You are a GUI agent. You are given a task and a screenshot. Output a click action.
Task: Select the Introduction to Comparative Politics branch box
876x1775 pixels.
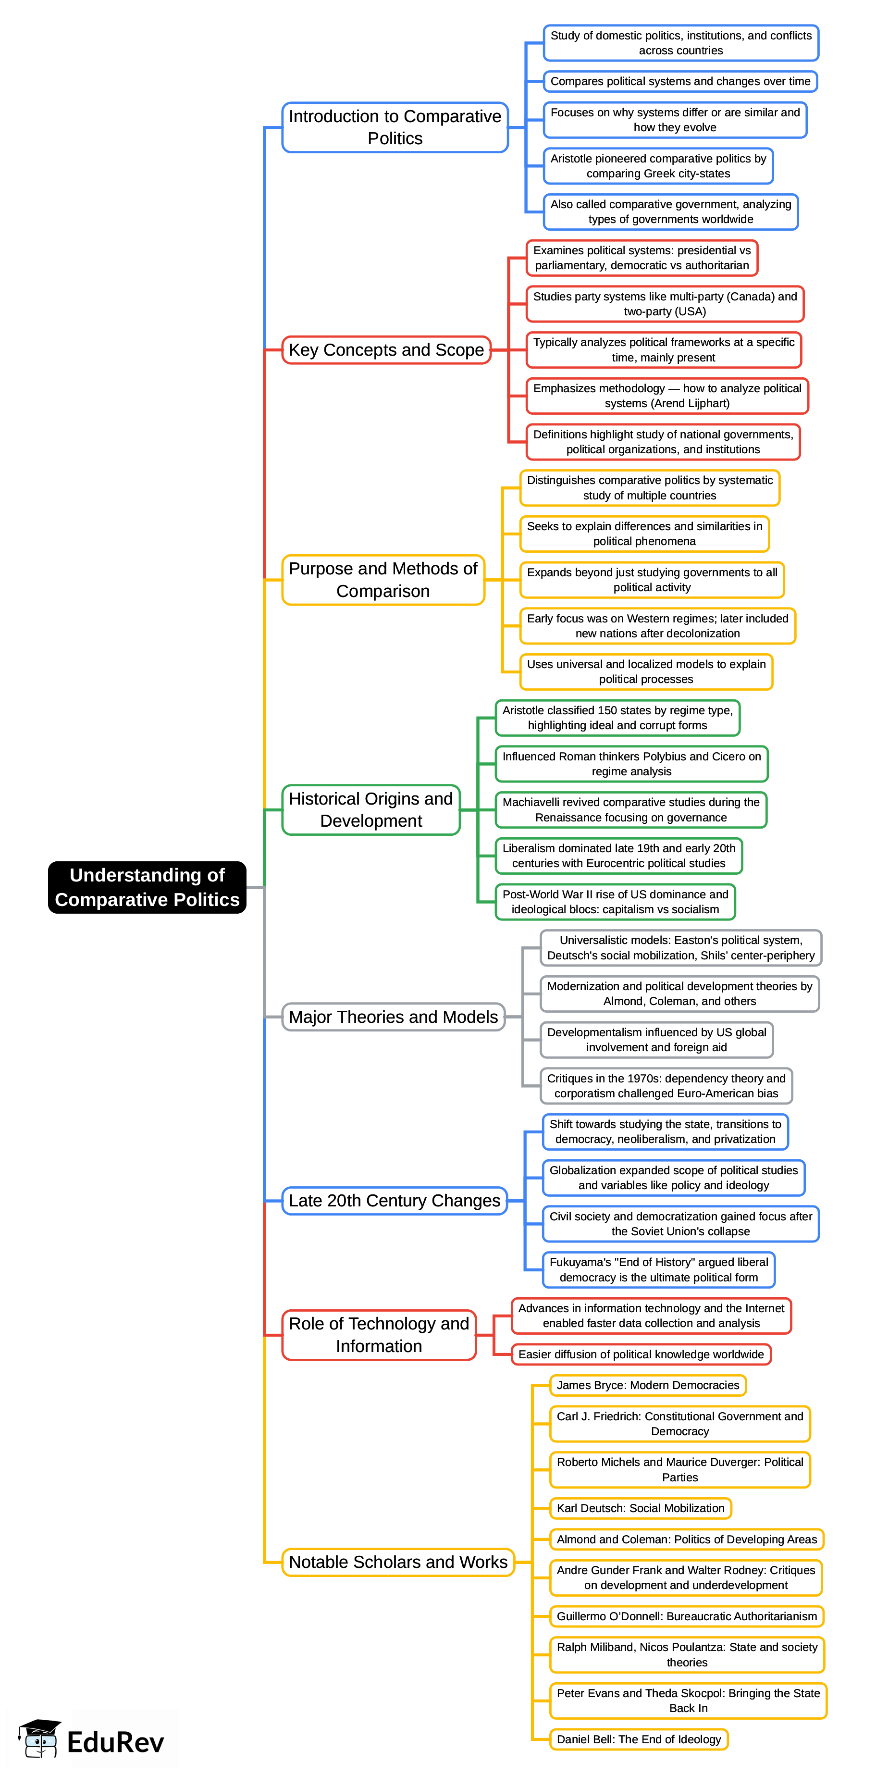pos(395,127)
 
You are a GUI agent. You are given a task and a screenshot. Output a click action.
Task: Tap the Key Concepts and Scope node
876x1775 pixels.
pos(386,350)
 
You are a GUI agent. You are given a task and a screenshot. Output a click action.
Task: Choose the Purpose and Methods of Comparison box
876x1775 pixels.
pos(383,580)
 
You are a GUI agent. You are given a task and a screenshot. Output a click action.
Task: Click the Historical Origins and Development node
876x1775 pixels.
pos(370,810)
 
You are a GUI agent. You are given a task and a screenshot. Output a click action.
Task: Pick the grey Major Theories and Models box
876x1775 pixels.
pos(393,1017)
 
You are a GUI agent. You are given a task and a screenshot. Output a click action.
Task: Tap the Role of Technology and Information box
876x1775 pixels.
pos(379,1335)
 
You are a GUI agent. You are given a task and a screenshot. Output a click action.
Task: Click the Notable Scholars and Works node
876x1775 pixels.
pos(398,1562)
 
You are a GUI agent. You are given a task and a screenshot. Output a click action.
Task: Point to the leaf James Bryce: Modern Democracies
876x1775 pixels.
pos(647,1385)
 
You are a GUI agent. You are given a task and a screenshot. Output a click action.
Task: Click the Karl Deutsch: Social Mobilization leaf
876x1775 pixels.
pos(640,1508)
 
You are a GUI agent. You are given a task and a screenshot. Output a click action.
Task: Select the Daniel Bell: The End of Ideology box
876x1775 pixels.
pos(639,1738)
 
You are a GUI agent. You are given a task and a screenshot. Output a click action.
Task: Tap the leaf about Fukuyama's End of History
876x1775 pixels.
pos(658,1269)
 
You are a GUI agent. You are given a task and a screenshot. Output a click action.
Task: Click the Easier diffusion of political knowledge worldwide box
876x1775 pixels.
pos(641,1354)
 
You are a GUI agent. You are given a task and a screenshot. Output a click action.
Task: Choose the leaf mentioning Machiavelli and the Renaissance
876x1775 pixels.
pos(631,810)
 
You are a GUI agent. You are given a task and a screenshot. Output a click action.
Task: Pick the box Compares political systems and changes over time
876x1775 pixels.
pos(680,81)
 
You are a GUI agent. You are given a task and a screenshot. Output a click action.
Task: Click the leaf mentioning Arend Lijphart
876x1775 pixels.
pos(666,396)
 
